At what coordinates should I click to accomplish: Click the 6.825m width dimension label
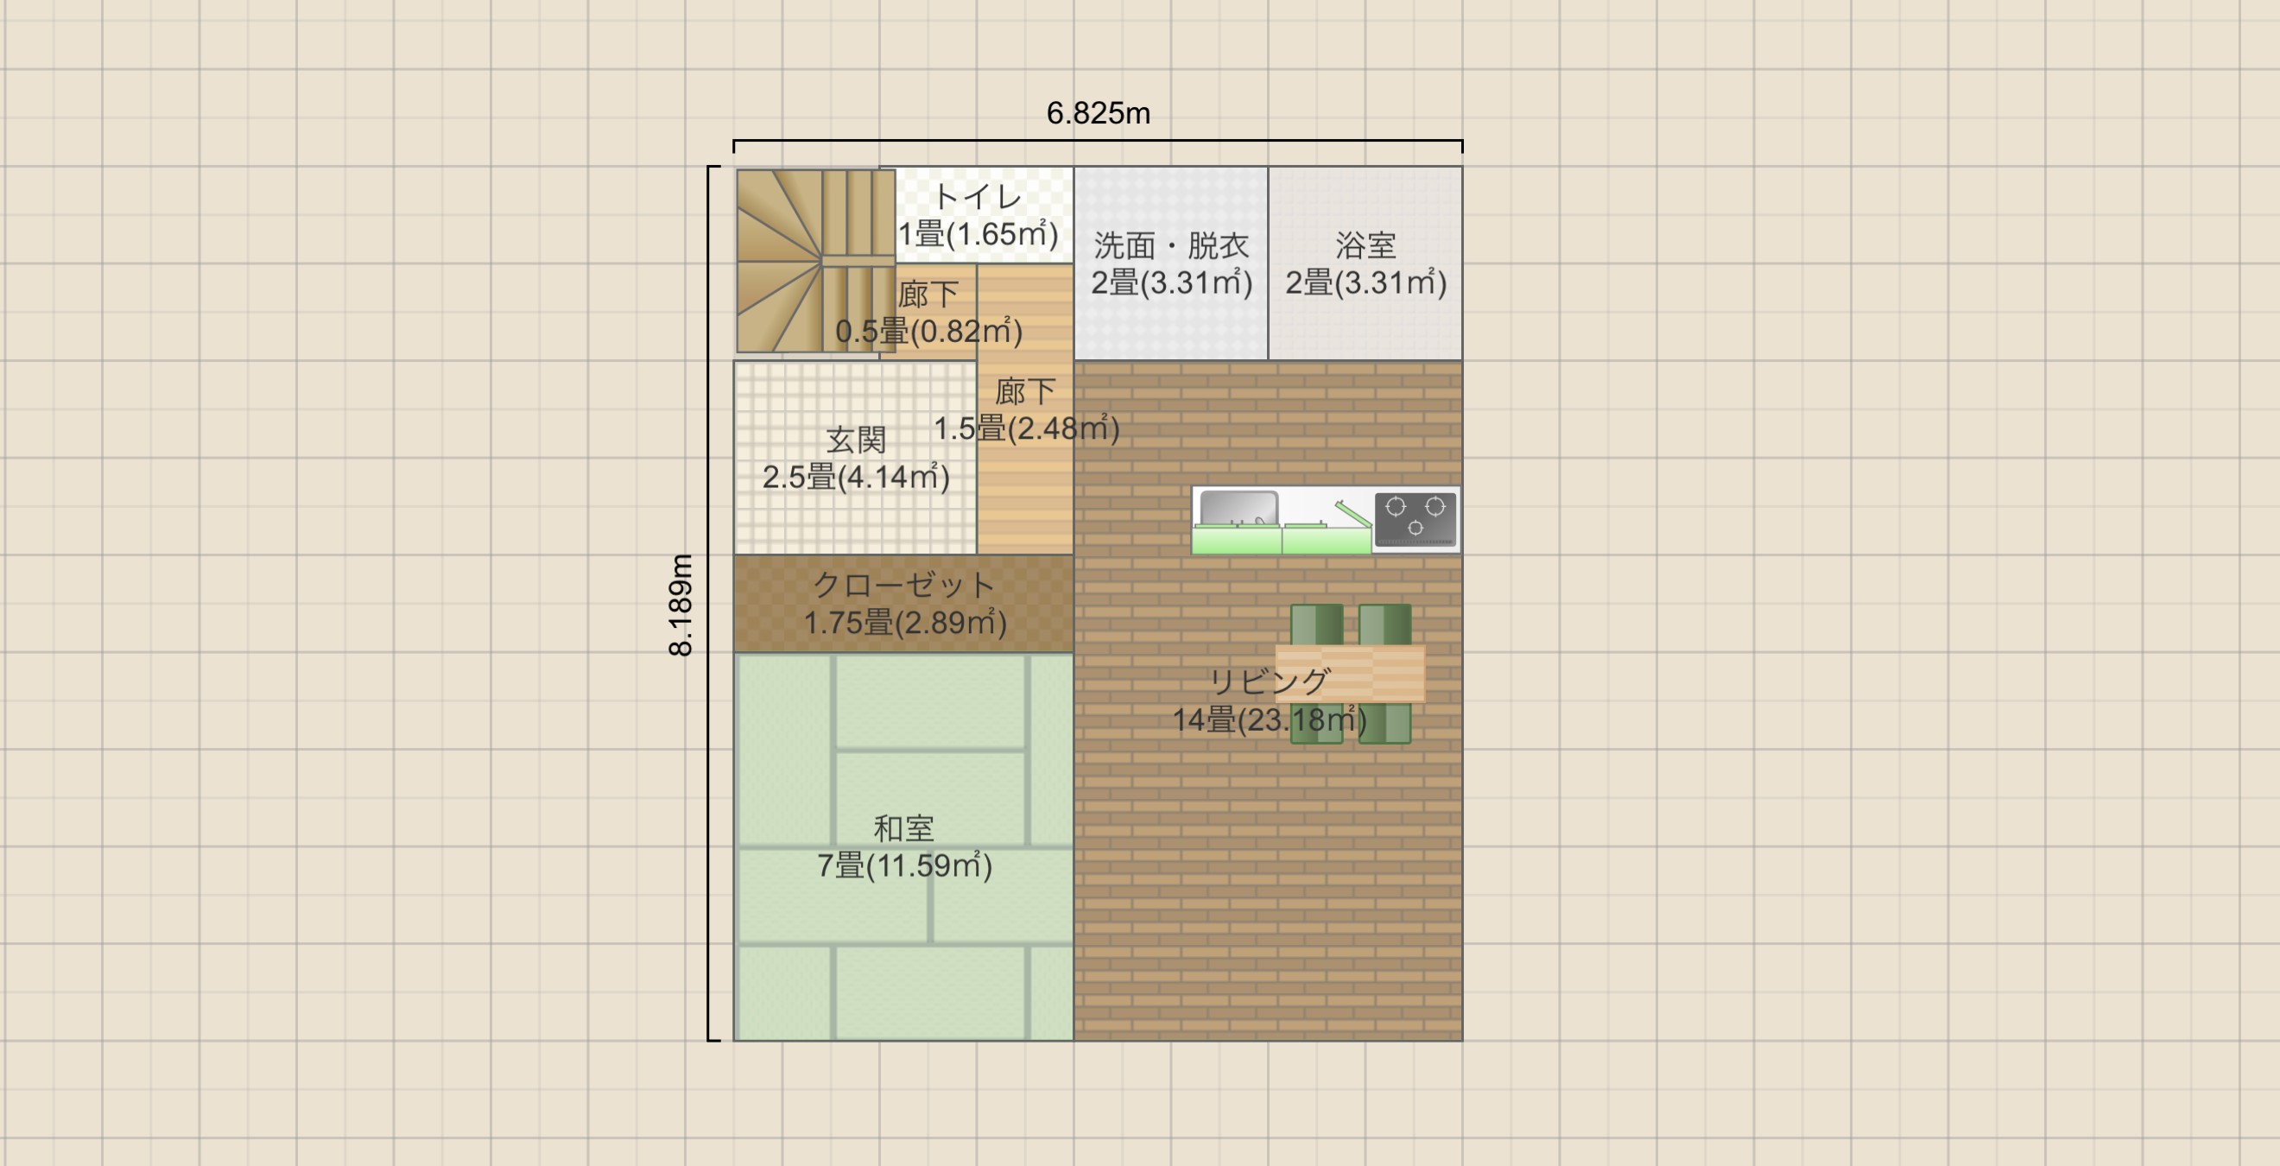point(1098,113)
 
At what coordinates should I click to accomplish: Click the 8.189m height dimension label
point(681,605)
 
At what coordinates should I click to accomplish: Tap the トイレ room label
point(978,197)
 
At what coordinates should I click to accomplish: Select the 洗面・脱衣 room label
point(1171,245)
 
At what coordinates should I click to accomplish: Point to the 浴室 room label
point(1365,245)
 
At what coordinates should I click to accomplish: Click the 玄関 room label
point(856,440)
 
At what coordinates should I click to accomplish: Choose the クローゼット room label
point(903,585)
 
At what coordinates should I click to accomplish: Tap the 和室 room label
point(903,828)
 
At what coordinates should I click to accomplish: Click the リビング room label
point(1270,681)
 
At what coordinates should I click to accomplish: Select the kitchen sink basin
point(1239,509)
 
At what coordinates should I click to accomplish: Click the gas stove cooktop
point(1415,519)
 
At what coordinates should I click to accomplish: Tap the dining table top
point(1350,674)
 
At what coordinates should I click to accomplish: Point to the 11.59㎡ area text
point(928,866)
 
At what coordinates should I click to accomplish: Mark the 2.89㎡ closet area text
point(951,624)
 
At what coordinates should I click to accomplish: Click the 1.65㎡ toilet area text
point(1002,234)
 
